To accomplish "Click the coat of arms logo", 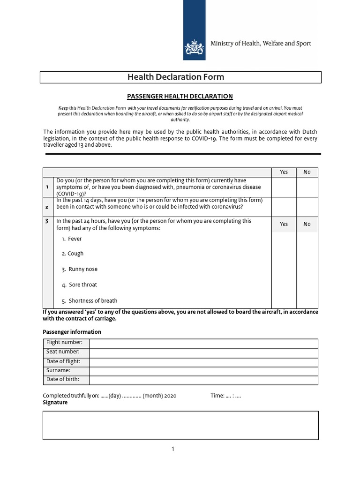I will point(194,47).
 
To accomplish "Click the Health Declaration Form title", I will point(176,77).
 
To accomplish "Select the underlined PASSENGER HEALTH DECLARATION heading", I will point(180,96).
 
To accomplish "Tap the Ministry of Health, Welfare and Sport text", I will point(261,44).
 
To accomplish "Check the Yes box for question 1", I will point(284,187).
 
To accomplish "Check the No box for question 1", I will point(307,187).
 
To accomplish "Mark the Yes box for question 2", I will point(284,206).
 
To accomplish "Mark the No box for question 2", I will point(307,206).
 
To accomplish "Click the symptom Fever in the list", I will point(75,239).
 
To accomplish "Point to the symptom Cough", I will point(75,254).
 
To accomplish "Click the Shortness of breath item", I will point(92,301).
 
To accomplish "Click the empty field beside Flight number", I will point(203,343).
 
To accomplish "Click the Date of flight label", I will point(63,362).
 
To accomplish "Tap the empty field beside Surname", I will point(203,371).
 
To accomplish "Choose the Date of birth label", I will point(63,380).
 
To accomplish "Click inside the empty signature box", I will point(180,425).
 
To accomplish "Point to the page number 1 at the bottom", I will point(172,450).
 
